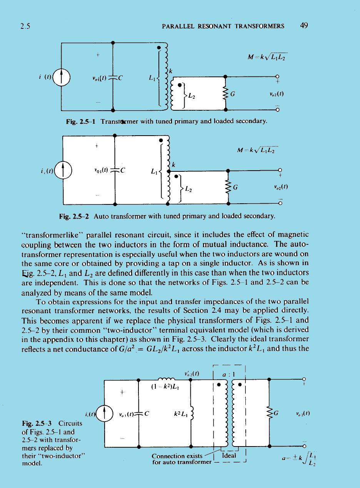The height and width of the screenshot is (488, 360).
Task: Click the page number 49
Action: click(304, 26)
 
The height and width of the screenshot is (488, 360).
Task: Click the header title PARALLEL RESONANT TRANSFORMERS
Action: click(223, 27)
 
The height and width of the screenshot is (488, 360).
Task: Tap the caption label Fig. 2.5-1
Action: click(81, 122)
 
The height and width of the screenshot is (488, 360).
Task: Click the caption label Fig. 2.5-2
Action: click(74, 216)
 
